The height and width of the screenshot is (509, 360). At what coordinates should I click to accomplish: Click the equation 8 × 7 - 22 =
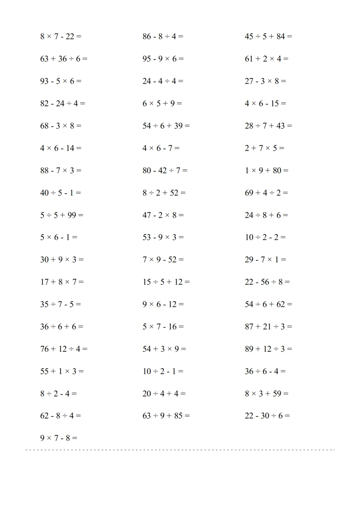coord(61,36)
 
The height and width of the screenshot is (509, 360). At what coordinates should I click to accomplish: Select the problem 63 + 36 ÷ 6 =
coord(64,59)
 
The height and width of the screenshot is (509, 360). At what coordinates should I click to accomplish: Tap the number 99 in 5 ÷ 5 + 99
coord(72,215)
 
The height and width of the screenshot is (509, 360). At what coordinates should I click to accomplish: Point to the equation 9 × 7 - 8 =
coord(59,438)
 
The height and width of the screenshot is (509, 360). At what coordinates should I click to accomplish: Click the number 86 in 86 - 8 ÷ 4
coord(147,36)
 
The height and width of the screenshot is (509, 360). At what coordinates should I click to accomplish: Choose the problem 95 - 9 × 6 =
coord(163,59)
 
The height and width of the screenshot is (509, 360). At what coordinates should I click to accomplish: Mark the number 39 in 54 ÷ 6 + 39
coord(178,126)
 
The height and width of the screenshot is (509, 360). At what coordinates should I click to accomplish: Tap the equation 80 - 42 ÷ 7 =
coord(165,171)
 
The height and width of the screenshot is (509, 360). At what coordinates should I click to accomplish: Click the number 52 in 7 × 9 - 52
coord(172,259)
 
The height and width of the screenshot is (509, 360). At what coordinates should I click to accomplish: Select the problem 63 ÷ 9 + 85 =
coord(166,416)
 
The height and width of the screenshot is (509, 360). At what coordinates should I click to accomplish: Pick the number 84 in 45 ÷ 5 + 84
coord(281,36)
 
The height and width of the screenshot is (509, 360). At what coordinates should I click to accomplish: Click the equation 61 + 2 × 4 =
coord(267,59)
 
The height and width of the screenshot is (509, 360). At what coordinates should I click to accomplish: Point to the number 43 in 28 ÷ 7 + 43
coord(281,126)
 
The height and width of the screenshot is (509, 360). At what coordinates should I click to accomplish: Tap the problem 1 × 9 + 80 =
coord(267,171)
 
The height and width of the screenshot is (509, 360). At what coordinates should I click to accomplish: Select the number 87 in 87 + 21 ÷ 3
coord(249,326)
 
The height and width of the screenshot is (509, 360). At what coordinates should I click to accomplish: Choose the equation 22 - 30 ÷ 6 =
coord(267,416)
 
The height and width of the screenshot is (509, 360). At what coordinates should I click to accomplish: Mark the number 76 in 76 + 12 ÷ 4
coord(44,349)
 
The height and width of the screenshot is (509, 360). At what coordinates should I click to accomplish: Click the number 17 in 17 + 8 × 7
coord(44,282)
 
